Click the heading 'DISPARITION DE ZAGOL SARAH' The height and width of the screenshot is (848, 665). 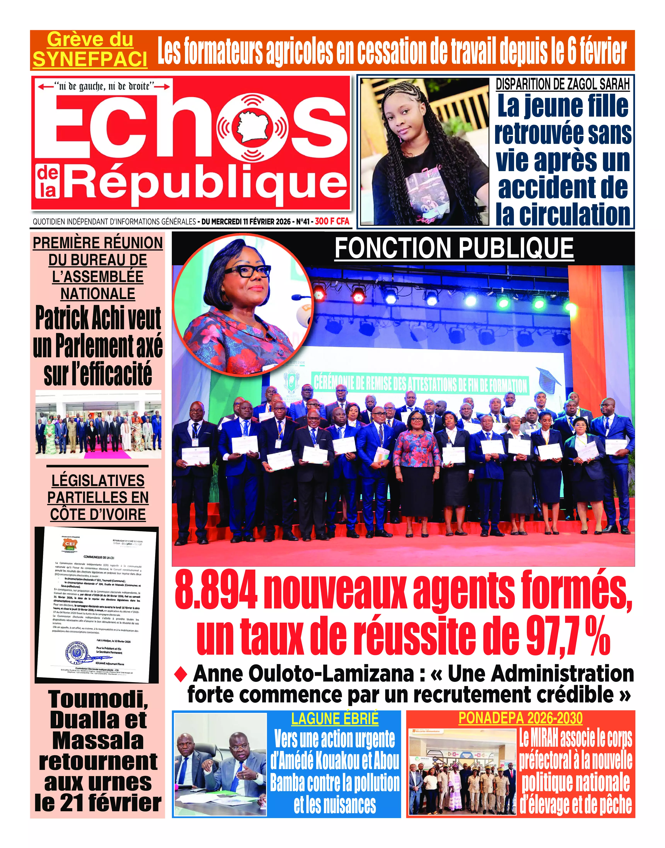[562, 84]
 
